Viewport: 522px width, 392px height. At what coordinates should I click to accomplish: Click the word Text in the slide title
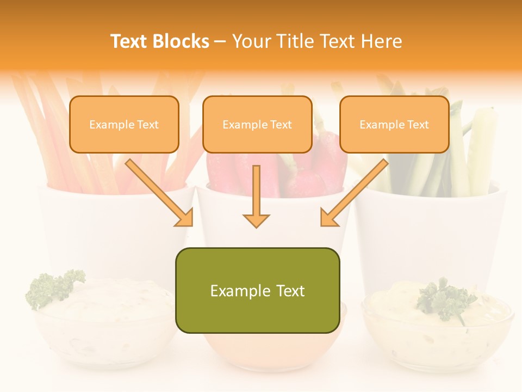coord(128,41)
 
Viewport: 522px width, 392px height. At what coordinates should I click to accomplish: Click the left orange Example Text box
coord(124,124)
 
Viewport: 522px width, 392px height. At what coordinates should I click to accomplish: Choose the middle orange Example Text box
coord(257,124)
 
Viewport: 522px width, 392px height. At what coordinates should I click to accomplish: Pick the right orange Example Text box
coord(394,124)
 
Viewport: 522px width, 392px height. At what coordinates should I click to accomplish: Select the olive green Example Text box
coord(257,290)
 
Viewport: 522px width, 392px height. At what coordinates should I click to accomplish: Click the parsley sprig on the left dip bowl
coord(54,287)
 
